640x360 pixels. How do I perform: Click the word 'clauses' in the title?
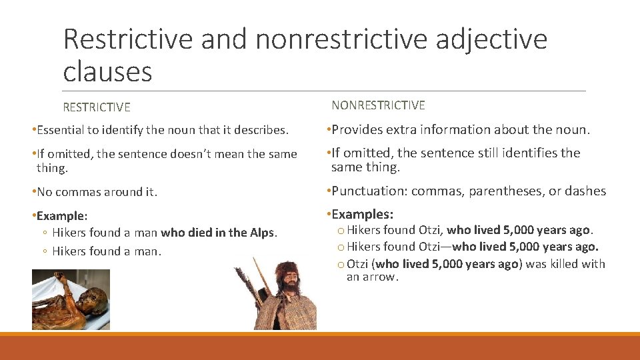107,71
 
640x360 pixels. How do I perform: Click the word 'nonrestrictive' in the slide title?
342,39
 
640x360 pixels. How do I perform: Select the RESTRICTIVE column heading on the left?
97,107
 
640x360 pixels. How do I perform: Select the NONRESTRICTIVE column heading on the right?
378,105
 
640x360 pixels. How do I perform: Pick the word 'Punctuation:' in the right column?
369,191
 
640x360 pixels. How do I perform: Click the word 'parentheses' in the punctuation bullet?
506,191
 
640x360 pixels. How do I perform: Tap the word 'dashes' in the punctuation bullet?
585,191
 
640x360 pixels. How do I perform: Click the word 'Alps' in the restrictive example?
263,233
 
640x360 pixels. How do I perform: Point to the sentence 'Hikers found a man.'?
107,251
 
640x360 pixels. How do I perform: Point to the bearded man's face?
289,279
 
